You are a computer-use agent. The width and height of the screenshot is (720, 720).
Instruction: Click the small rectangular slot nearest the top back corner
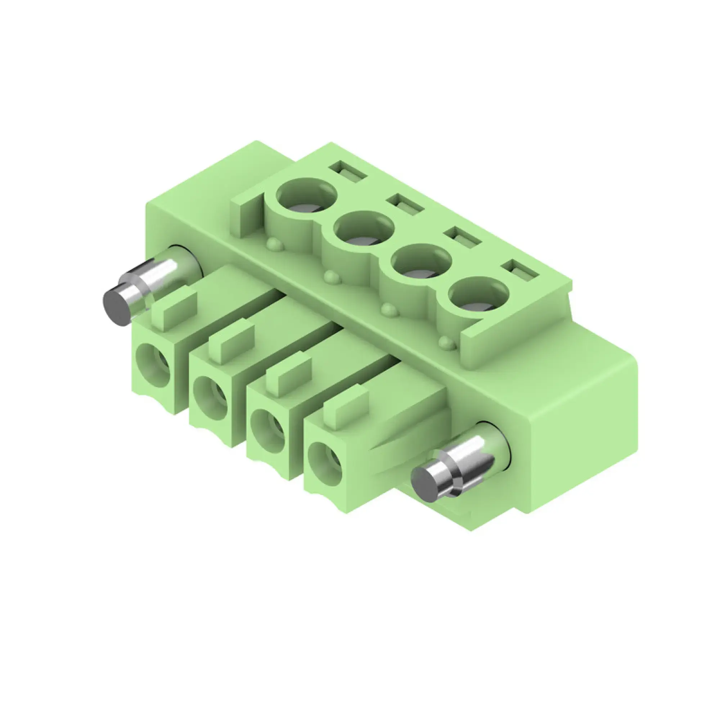(x=347, y=171)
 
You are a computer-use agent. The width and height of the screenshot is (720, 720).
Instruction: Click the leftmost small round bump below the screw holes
(x=275, y=245)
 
